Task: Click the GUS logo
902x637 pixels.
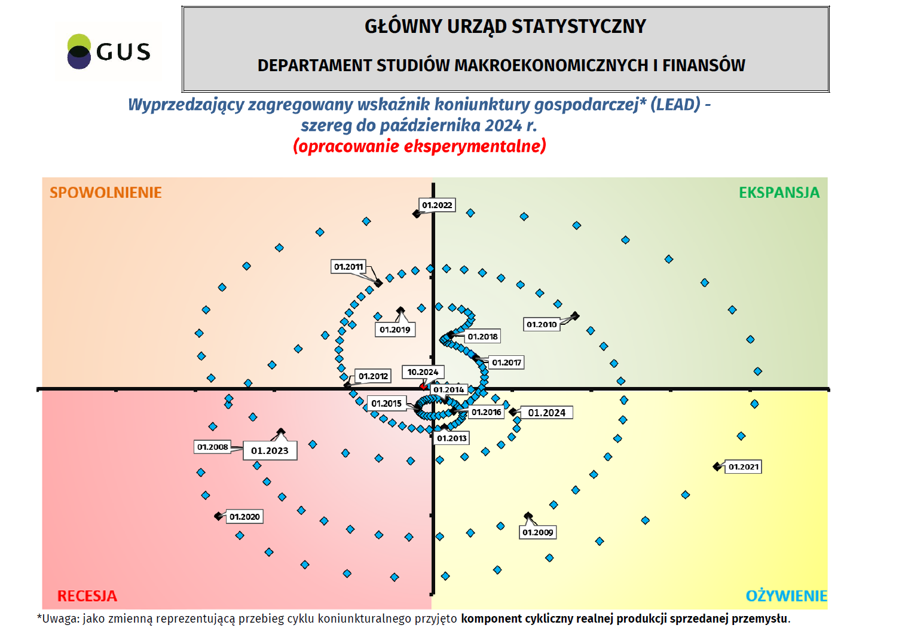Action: [109, 51]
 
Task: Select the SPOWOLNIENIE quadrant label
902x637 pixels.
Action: [106, 193]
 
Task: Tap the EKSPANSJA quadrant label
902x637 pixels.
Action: [779, 193]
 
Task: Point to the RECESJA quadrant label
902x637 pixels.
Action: [87, 596]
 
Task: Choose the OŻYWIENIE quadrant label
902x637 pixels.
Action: [786, 596]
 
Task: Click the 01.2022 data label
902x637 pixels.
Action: [437, 205]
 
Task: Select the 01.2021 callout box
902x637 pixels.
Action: [744, 467]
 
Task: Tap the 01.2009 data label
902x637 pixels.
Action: [538, 532]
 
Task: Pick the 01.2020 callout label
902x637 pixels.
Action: [244, 517]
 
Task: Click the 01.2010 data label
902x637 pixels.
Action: [542, 324]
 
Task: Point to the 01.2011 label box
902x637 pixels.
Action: [348, 267]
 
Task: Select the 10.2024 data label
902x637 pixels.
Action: [423, 372]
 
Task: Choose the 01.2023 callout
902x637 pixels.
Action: [270, 450]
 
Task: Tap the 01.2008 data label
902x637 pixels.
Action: [213, 447]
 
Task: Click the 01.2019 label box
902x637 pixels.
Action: [395, 330]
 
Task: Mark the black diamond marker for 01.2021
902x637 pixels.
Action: [717, 467]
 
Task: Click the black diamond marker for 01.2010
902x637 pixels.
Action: [575, 315]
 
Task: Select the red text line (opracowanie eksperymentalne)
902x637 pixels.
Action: [420, 146]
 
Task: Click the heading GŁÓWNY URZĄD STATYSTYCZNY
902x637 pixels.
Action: [505, 26]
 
